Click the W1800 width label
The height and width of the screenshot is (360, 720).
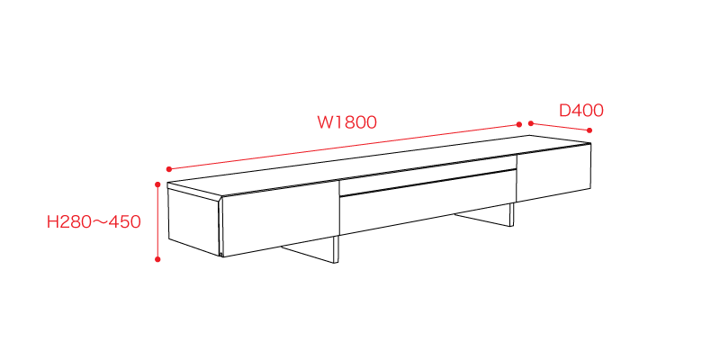click(x=347, y=122)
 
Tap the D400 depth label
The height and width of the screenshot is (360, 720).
click(x=580, y=111)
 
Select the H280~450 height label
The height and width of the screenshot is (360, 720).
click(x=94, y=222)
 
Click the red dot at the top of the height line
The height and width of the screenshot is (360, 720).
click(x=157, y=184)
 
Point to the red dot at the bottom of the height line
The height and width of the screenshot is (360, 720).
click(x=157, y=259)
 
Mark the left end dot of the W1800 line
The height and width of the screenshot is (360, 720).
click(x=169, y=169)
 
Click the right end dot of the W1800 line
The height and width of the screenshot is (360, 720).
click(x=519, y=124)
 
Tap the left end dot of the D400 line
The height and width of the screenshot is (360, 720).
click(x=531, y=123)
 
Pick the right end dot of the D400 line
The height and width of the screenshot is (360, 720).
click(x=589, y=130)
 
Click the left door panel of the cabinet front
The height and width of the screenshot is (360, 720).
click(x=280, y=218)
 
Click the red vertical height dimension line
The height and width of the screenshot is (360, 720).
click(x=157, y=222)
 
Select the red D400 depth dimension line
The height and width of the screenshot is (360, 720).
click(x=560, y=127)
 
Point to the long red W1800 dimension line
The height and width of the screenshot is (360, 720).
click(x=345, y=147)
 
